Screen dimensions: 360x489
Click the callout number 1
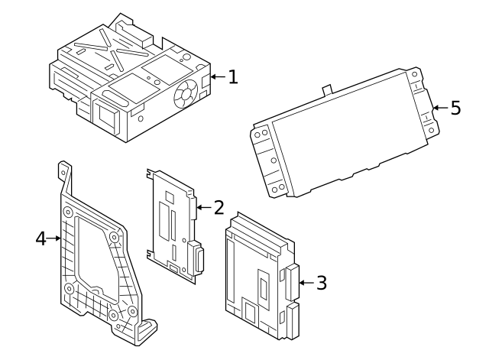pyautogui.click(x=233, y=76)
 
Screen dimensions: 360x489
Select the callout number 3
pyautogui.click(x=321, y=283)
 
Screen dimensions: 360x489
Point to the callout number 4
pyautogui.click(x=41, y=238)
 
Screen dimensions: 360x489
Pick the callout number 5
pyautogui.click(x=455, y=108)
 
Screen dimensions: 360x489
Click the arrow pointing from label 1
pyautogui.click(x=217, y=76)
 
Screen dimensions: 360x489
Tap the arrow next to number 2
pyautogui.click(x=202, y=206)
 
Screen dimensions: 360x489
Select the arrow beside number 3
pyautogui.click(x=305, y=283)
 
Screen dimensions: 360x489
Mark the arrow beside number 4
pyautogui.click(x=55, y=238)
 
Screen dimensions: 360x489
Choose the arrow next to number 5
pyautogui.click(x=439, y=108)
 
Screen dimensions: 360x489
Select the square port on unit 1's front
pyautogui.click(x=104, y=113)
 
